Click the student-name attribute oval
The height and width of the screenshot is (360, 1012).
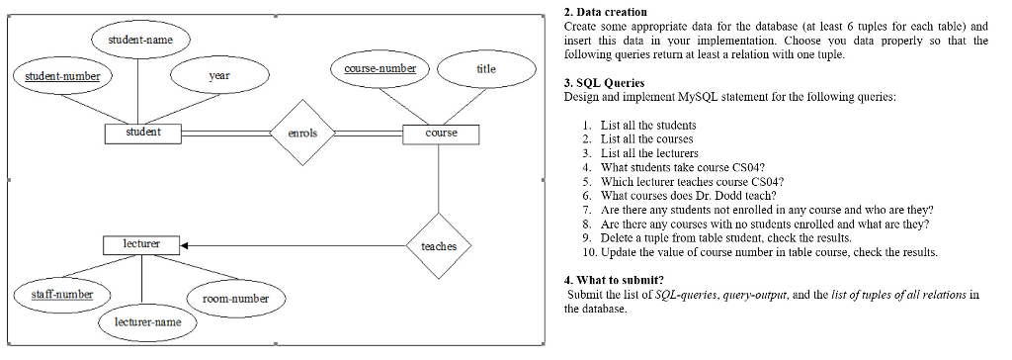point(138,40)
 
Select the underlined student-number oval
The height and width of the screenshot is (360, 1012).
point(55,75)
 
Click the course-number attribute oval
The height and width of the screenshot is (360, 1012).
point(379,69)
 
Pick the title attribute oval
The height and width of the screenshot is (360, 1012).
point(485,69)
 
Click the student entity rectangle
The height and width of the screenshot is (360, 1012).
point(143,133)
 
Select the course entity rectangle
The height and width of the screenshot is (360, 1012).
point(441,133)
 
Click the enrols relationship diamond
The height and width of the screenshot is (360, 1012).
point(301,133)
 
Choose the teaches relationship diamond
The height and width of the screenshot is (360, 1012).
point(438,245)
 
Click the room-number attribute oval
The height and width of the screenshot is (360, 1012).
point(235,298)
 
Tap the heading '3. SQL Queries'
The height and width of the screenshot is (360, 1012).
point(603,84)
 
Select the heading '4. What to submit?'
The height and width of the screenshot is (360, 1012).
point(613,280)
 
